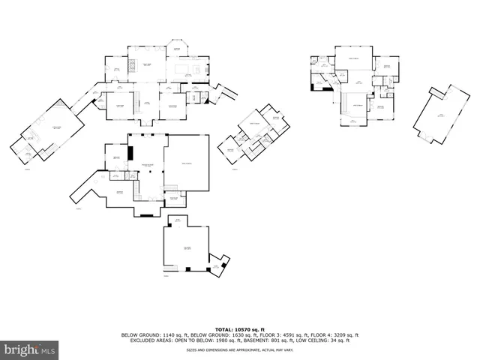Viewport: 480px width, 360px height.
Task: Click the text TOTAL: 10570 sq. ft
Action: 239,329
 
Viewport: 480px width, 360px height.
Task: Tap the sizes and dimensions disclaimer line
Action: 239,349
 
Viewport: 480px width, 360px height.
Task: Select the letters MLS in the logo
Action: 48,349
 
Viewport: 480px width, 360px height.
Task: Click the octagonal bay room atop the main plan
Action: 177,47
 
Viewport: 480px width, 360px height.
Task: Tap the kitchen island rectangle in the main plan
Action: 183,69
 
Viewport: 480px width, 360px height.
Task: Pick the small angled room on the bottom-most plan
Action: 218,265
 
